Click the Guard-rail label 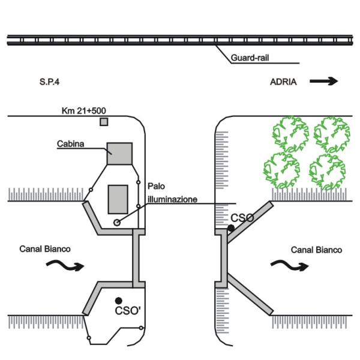point(248,59)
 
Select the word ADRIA point(283,82)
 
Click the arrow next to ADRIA point(324,82)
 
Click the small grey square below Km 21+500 point(104,122)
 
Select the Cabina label point(70,144)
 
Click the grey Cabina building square point(119,152)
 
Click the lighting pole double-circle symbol point(117,223)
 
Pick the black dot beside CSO point(231,228)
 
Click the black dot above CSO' point(119,300)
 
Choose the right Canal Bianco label point(316,249)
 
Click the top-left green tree point(290,133)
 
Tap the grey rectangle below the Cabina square point(118,199)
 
